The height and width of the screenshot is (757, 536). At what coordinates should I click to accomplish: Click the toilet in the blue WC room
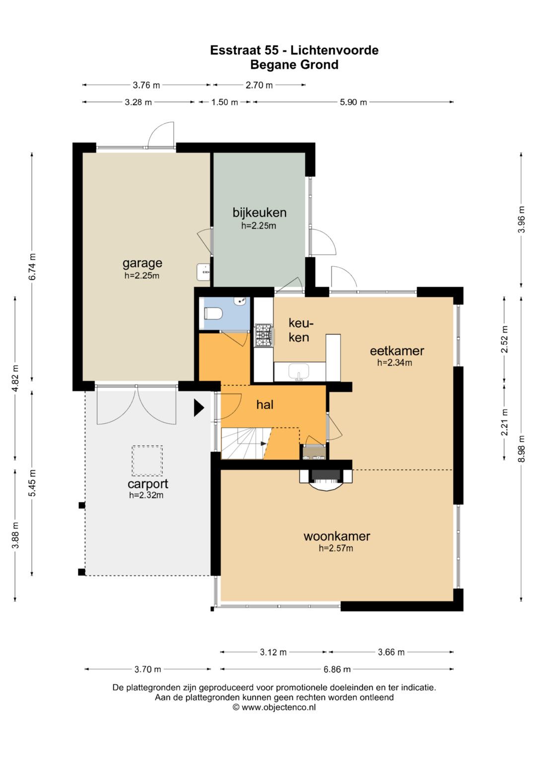(x=213, y=313)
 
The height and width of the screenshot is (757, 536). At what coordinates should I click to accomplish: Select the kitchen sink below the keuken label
(x=298, y=372)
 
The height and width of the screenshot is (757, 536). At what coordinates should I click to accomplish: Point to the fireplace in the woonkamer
(x=326, y=480)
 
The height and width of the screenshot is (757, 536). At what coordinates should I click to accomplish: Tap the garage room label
(x=142, y=263)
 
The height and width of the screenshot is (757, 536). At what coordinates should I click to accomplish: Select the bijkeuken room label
(x=260, y=213)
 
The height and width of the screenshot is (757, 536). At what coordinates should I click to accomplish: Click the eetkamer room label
(x=397, y=351)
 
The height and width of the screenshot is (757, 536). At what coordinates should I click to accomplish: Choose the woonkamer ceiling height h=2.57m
(x=335, y=548)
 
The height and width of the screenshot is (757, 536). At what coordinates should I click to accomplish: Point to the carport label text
(x=148, y=484)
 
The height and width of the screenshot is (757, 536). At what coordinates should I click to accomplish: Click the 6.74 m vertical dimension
(x=32, y=267)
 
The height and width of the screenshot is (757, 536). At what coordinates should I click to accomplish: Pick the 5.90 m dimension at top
(x=353, y=102)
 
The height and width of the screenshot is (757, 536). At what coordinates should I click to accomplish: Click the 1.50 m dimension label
(x=225, y=102)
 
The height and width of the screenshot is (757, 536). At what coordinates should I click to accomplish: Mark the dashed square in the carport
(x=147, y=461)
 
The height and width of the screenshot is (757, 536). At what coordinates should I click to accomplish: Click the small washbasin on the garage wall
(x=203, y=272)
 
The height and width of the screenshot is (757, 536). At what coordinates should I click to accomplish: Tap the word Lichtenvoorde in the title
(x=335, y=50)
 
